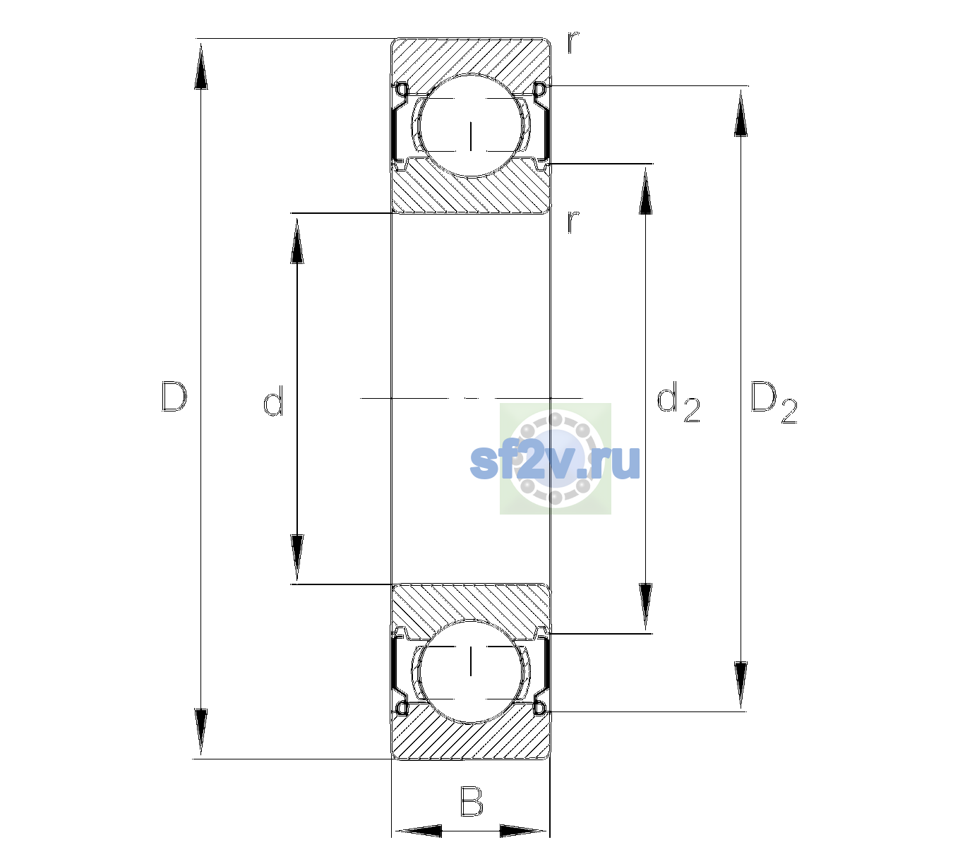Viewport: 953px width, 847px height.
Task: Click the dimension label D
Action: [x=174, y=397]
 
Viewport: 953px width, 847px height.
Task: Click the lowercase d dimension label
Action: [x=273, y=401]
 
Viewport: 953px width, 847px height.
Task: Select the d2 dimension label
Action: [x=678, y=402]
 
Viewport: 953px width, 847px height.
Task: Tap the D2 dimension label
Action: [x=773, y=402]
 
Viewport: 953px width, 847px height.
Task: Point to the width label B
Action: [x=472, y=801]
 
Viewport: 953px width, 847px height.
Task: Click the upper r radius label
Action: [x=573, y=42]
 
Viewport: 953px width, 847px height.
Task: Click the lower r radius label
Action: [x=573, y=222]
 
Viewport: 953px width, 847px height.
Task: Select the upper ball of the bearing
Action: [x=471, y=126]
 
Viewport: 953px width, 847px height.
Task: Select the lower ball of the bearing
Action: [x=471, y=671]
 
